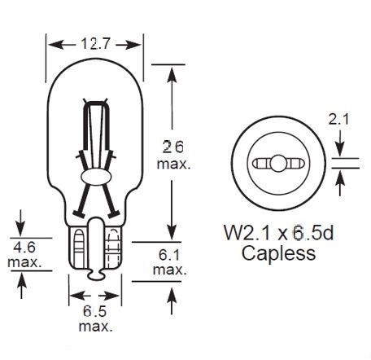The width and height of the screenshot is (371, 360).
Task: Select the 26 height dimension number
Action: pos(172,147)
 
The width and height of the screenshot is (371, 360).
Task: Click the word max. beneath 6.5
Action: pos(96,327)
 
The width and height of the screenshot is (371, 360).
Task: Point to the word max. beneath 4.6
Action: pos(24,262)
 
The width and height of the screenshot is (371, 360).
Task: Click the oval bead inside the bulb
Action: pos(95,176)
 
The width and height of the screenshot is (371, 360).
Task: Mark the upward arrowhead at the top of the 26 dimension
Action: pos(171,72)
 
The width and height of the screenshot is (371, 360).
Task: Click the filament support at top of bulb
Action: pos(95,106)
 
